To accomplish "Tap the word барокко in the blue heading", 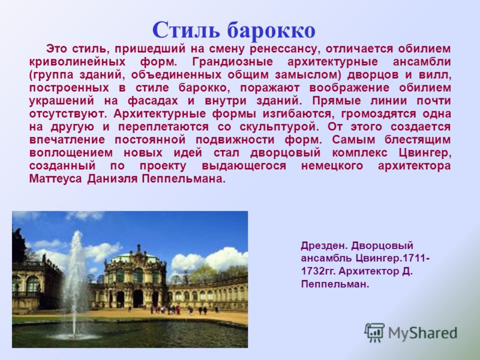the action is [x=271, y=30].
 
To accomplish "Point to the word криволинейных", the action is [x=77, y=62].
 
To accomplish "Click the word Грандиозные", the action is [x=232, y=62].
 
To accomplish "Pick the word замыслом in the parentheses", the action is [x=308, y=75].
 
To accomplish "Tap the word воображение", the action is [x=349, y=88].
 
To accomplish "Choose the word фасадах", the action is [x=152, y=101].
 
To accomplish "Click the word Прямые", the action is [x=337, y=101].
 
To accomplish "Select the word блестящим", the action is [x=418, y=140].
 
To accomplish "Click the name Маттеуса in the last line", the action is [x=55, y=179].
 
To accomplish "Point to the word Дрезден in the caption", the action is [x=324, y=246].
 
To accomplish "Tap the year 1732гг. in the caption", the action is [x=319, y=271].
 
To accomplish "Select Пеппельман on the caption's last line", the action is [x=335, y=284].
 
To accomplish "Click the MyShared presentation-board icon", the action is [x=374, y=332].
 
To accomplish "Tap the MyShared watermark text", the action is [x=422, y=333].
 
